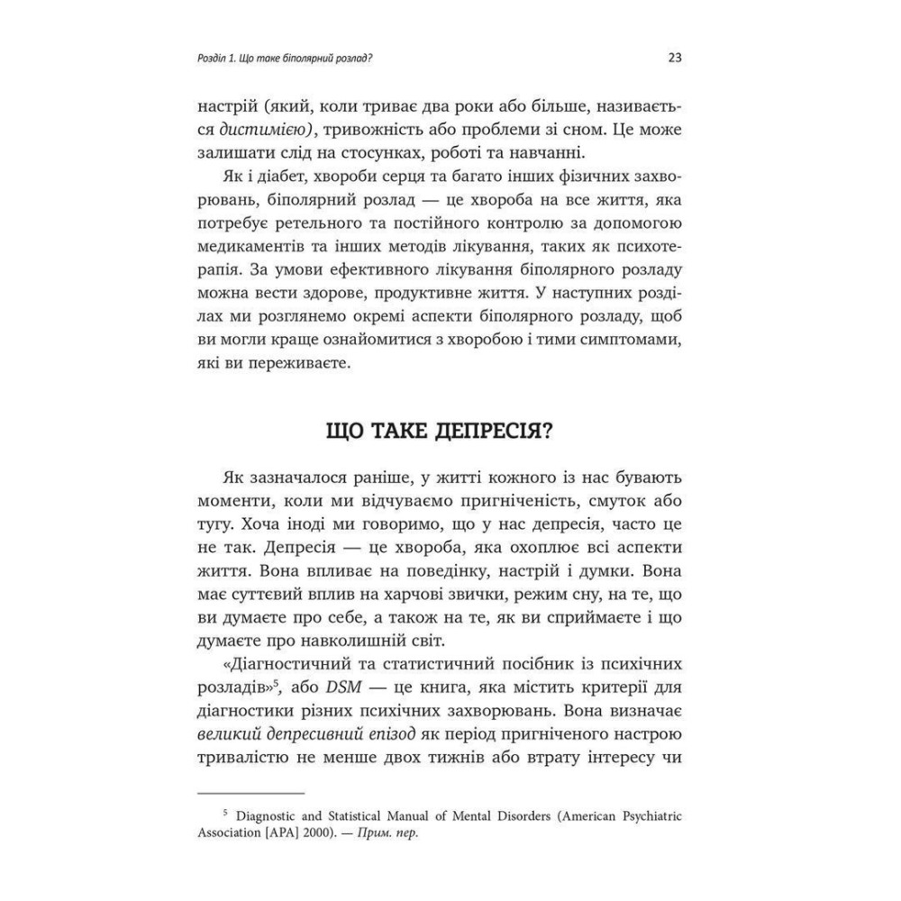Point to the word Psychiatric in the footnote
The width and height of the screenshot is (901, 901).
point(646,816)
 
